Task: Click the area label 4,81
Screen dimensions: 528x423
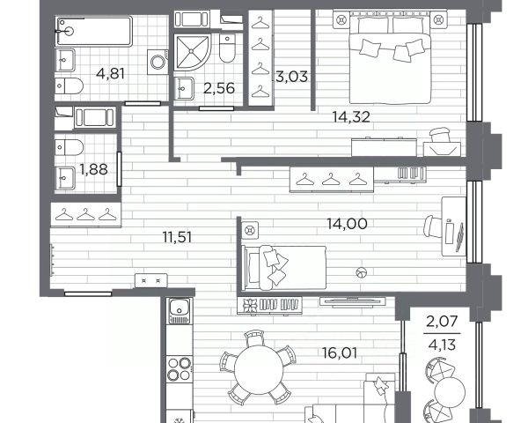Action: tap(110, 73)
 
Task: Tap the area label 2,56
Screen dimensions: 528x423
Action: tap(219, 88)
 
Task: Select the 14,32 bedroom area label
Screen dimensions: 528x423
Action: tap(351, 116)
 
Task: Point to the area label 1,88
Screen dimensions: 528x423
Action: tap(93, 169)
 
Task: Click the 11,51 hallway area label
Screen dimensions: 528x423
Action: tap(177, 237)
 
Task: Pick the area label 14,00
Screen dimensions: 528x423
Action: tap(348, 223)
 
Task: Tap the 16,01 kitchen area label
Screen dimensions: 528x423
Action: tap(340, 353)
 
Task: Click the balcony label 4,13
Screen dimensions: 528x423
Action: tap(442, 345)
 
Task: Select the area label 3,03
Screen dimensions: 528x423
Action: tap(292, 77)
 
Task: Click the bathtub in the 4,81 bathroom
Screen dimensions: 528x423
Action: tap(94, 31)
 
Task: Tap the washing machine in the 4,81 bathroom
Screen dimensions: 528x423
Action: tap(158, 62)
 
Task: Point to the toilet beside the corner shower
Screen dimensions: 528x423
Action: tap(227, 48)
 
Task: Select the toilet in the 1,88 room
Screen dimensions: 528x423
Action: tap(69, 148)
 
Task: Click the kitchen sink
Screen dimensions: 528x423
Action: tap(180, 311)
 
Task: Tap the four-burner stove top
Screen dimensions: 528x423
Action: tap(180, 368)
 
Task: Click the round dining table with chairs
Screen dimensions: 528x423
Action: tap(259, 369)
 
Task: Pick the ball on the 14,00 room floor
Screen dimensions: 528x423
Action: tap(362, 272)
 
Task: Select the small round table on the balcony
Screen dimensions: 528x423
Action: tap(450, 393)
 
